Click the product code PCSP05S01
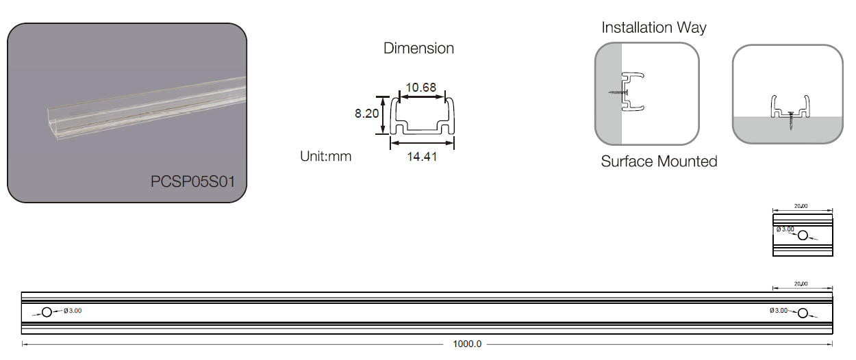193,181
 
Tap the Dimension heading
418,48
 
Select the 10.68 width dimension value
420,88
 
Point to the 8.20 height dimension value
366,114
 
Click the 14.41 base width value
422,157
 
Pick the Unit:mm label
325,156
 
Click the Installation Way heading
654,27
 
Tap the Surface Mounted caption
659,161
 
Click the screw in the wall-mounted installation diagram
618,92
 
